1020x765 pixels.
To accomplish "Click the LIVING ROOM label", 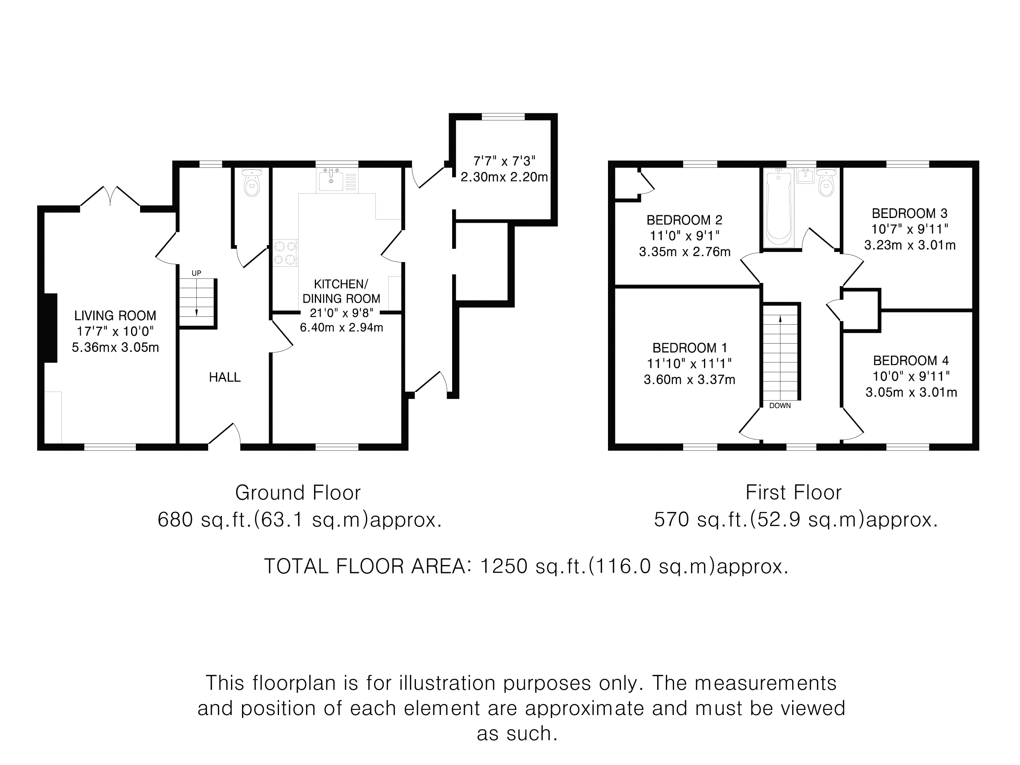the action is [x=115, y=316].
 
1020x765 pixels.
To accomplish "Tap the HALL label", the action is [x=225, y=377].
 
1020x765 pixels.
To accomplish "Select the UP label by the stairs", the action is [x=196, y=273].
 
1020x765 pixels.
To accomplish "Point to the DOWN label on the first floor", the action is [x=780, y=405].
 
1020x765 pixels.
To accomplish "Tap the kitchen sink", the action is [x=331, y=180].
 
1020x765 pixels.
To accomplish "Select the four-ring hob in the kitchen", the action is [x=285, y=253].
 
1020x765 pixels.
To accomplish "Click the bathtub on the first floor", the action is [x=778, y=207].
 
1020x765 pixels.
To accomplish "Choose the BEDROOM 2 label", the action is [x=684, y=220].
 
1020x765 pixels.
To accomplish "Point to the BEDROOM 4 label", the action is [x=911, y=360].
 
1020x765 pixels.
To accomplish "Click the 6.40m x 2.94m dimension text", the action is [x=341, y=327].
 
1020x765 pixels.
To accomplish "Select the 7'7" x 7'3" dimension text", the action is [x=504, y=161].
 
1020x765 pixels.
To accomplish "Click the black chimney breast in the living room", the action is [x=51, y=328].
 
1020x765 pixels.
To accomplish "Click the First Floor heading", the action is [x=794, y=492].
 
